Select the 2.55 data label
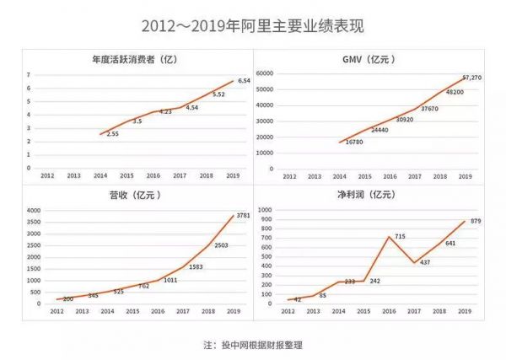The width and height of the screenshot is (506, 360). click(112, 135)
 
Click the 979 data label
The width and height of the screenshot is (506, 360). click(476, 222)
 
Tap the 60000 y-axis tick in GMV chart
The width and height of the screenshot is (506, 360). click(266, 74)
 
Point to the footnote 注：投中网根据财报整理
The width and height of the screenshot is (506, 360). click(252, 345)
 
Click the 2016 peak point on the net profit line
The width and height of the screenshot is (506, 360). click(389, 236)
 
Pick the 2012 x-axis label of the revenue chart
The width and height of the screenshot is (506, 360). click(57, 312)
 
